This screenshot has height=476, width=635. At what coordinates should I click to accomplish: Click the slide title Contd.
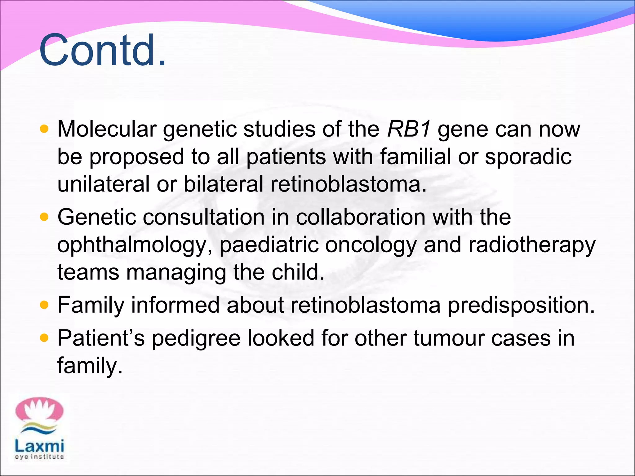[x=102, y=50]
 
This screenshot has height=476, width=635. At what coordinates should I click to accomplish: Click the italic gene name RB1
[x=409, y=129]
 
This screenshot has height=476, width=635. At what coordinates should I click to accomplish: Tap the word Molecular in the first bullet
[x=107, y=129]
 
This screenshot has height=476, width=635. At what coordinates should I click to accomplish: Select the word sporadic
[x=528, y=156]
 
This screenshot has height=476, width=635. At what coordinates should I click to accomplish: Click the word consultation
[x=203, y=217]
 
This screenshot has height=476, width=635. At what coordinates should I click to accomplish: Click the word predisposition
[x=521, y=306]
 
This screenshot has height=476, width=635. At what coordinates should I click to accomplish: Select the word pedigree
[x=196, y=338]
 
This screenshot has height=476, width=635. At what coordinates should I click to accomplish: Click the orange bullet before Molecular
[x=44, y=129]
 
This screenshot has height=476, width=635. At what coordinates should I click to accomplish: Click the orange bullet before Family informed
[x=44, y=305]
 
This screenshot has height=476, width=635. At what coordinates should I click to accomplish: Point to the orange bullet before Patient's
[x=44, y=338]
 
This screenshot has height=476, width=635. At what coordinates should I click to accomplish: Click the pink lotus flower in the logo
[x=39, y=410]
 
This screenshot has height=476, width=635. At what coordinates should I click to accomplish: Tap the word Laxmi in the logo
[x=39, y=446]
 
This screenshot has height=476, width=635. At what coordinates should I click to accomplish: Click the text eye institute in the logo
[x=39, y=457]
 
